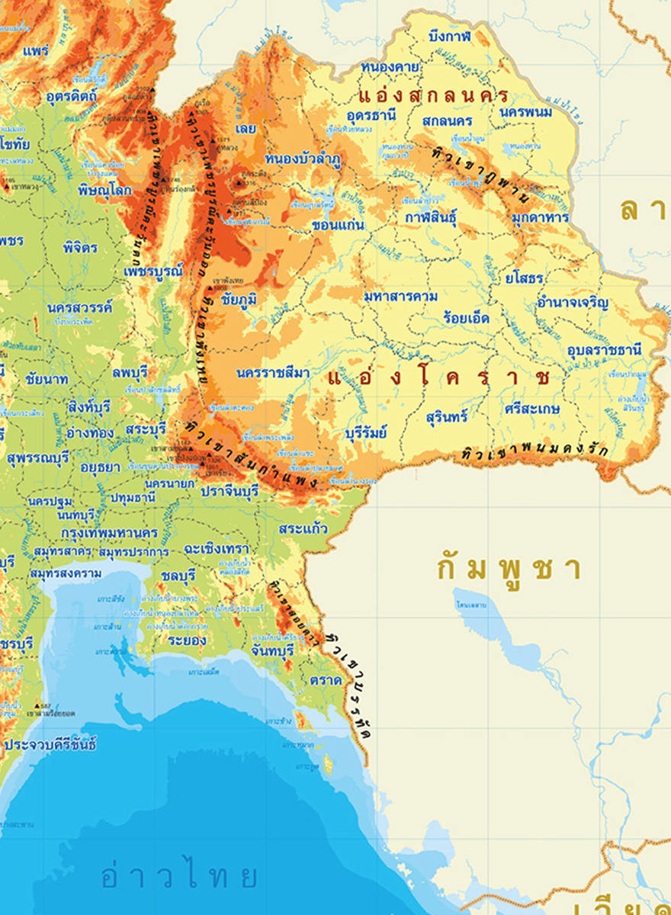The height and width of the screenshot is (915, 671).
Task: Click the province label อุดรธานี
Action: (371, 116)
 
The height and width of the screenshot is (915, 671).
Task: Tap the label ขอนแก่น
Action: (339, 226)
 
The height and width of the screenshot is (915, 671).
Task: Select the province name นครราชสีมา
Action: (273, 373)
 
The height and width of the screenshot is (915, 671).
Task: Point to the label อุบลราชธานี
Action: (605, 350)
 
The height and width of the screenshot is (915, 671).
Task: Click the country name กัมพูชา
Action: (509, 569)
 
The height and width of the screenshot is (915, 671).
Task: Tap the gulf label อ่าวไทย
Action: (180, 877)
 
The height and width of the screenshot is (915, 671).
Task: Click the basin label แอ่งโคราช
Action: (439, 377)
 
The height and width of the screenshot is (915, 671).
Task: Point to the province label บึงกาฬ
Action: (450, 36)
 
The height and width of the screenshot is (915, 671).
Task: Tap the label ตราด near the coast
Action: (326, 679)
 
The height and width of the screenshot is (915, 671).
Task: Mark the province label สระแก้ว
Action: (303, 528)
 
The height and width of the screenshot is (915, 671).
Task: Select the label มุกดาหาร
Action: (541, 217)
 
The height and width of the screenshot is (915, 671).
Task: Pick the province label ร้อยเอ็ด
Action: (466, 318)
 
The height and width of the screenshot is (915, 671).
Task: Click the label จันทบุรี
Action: (272, 651)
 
